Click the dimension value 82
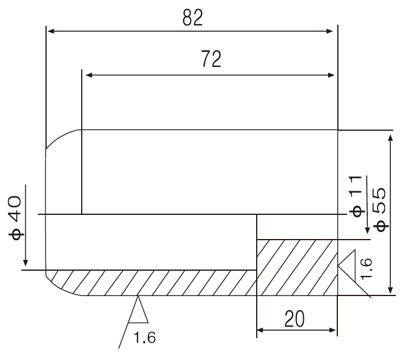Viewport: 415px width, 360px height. click(193, 17)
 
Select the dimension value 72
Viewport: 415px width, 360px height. click(211, 59)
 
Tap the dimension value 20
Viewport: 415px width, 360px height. click(294, 319)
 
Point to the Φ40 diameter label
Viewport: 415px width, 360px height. click(15, 218)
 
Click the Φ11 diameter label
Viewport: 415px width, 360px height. click(356, 196)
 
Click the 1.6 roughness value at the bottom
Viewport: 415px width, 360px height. click(144, 338)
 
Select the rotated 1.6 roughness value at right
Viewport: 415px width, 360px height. click(366, 268)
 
